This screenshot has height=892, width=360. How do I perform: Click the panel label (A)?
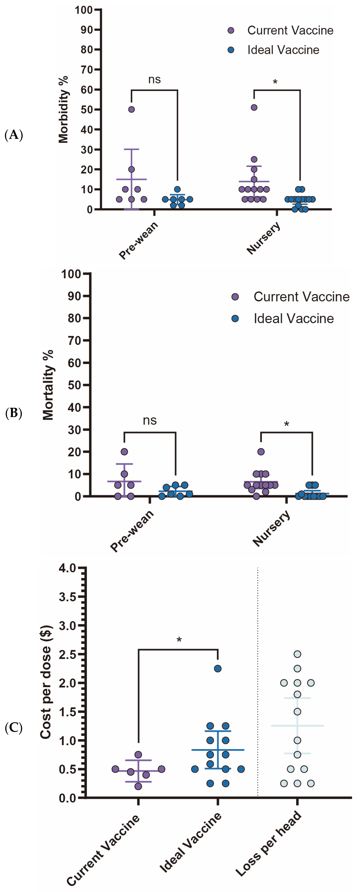coord(14,135)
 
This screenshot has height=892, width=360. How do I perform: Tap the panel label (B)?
coord(14,413)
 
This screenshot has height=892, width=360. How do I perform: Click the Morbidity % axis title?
coord(63,109)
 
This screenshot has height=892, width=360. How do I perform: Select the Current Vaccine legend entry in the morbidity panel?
coord(280,30)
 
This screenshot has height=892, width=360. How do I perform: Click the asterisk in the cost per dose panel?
coord(179,640)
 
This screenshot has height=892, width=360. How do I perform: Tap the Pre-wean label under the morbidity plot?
coord(139,240)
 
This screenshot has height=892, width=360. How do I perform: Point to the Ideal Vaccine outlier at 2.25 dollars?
coord(218,669)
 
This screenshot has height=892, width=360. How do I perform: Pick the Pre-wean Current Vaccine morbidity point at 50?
coord(132,109)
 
